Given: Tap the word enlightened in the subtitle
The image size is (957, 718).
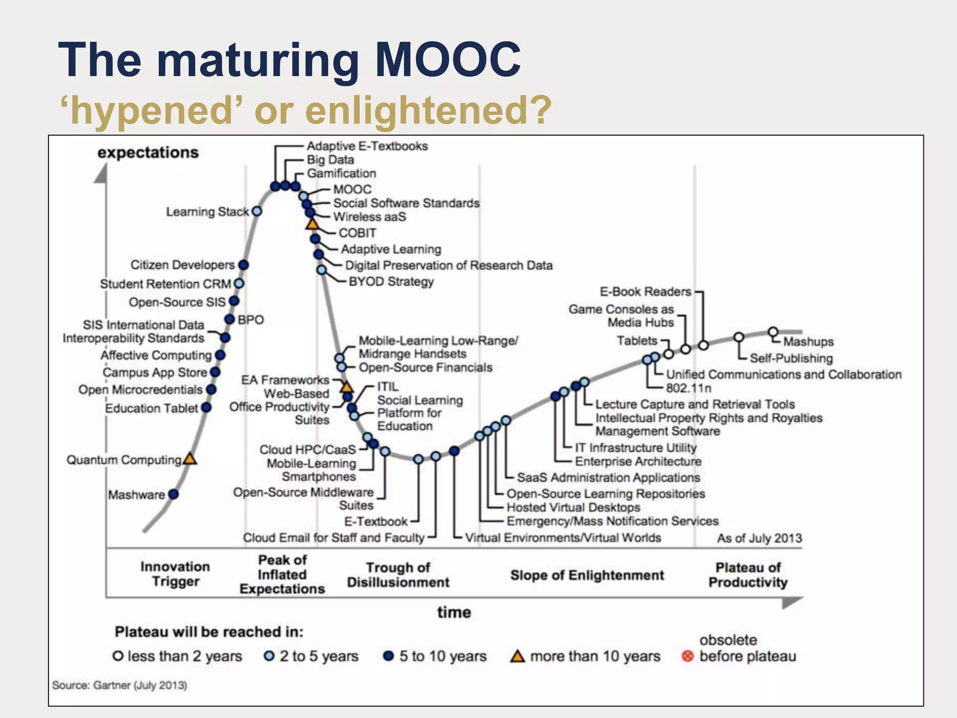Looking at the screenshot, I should [428, 110].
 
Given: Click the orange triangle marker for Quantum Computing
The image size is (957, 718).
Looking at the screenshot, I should [190, 459].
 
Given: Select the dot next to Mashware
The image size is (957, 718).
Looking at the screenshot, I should [173, 494].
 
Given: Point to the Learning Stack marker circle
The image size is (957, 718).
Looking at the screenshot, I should [257, 211].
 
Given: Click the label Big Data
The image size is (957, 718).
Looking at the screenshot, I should [330, 160].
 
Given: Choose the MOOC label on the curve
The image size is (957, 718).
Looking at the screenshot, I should [352, 189].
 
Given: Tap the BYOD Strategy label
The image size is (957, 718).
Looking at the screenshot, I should [391, 281].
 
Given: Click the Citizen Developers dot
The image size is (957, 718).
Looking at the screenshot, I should [243, 265].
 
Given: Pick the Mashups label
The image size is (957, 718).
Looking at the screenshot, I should [808, 342].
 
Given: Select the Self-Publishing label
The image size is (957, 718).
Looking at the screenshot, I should [791, 358].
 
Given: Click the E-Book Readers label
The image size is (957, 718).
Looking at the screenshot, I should [645, 292].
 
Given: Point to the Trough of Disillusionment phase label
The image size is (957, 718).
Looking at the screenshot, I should [398, 575].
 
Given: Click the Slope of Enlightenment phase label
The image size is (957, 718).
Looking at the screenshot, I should [587, 575].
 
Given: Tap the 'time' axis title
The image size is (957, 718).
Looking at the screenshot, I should [454, 612].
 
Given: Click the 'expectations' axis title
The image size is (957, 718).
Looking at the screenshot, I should [148, 153].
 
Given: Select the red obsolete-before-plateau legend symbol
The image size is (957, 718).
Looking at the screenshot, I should [687, 656].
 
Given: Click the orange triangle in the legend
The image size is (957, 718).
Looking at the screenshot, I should [517, 656].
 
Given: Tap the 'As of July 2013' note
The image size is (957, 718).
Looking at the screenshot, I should [759, 538].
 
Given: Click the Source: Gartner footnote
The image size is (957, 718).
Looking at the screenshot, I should [120, 685].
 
